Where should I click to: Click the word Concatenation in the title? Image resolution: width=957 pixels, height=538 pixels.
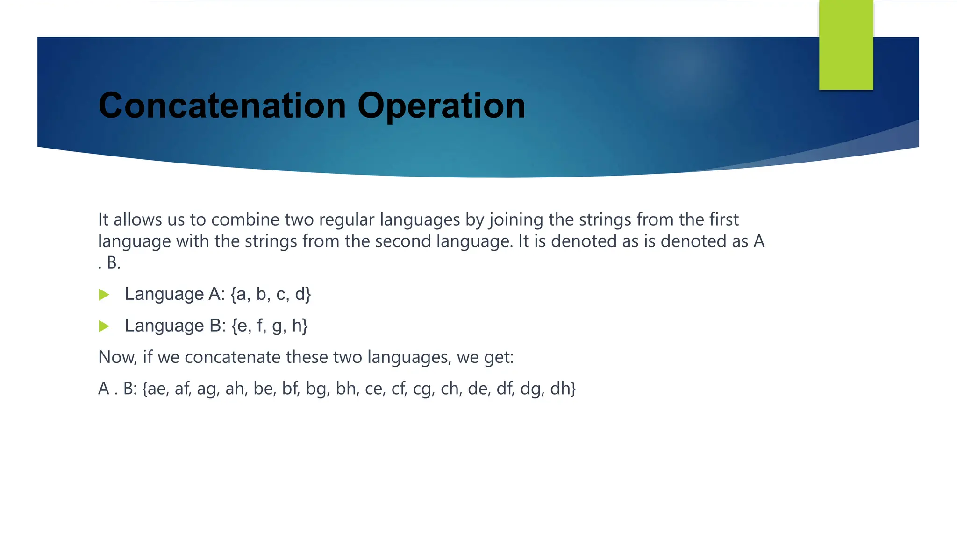[222, 106]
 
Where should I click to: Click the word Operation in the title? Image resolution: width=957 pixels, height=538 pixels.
[441, 106]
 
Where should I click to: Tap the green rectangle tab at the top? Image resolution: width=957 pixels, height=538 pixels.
[846, 45]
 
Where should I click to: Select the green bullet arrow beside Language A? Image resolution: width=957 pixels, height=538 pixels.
[104, 295]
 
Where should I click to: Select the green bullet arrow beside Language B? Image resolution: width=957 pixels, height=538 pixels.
[104, 326]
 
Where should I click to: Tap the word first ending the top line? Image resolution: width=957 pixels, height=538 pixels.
[723, 219]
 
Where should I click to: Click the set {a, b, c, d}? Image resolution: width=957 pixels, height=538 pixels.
[271, 294]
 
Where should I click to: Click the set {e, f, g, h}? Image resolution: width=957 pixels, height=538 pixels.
[270, 326]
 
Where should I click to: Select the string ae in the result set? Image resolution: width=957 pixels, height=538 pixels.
[157, 389]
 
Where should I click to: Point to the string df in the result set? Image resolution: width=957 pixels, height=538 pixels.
[505, 389]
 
